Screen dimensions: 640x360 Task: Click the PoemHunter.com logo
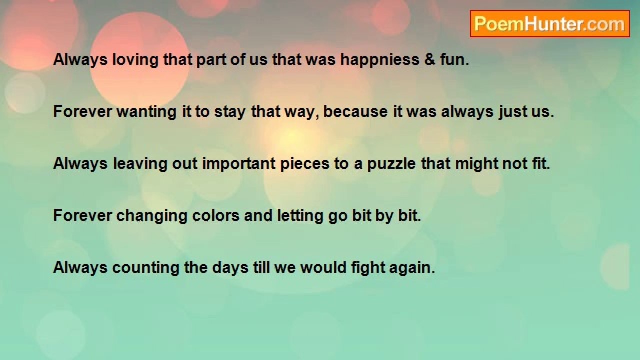point(550,24)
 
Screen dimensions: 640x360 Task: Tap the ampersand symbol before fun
point(430,59)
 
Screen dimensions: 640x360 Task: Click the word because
point(355,111)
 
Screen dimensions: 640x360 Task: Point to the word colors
point(216,215)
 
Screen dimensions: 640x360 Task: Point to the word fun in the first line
point(454,59)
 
